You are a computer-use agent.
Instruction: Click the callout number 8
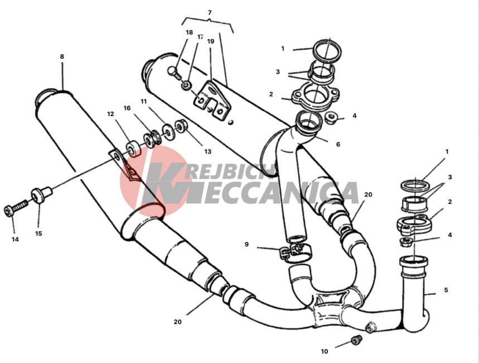(x=62, y=56)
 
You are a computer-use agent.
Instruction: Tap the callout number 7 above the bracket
(x=210, y=13)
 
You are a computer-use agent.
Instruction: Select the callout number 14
(x=15, y=240)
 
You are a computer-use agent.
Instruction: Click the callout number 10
(x=325, y=351)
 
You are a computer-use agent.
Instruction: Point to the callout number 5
(x=446, y=290)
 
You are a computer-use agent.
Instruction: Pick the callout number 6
(x=338, y=144)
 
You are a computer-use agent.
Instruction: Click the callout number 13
(x=208, y=151)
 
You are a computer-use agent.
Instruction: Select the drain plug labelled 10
(x=356, y=340)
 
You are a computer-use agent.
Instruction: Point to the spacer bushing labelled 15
(x=42, y=194)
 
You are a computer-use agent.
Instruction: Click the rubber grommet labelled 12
(x=133, y=148)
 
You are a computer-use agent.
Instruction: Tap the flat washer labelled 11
(x=167, y=131)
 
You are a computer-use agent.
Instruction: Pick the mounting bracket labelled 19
(x=212, y=100)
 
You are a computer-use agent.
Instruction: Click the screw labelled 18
(x=175, y=73)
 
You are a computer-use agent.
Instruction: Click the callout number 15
(x=38, y=233)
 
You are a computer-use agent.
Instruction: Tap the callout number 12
(x=110, y=114)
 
